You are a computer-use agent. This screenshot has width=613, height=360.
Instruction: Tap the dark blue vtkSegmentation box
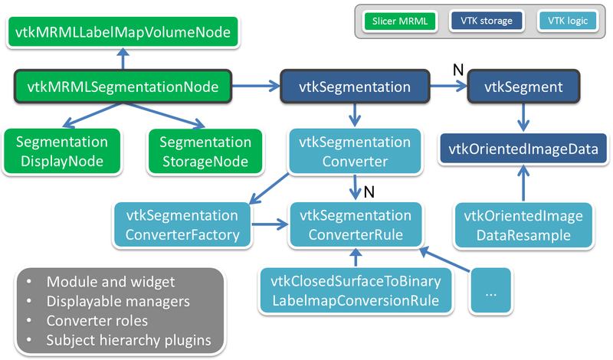click(x=356, y=87)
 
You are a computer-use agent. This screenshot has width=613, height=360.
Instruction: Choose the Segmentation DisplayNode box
click(x=62, y=151)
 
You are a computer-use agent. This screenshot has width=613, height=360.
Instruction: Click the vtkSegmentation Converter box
click(x=355, y=151)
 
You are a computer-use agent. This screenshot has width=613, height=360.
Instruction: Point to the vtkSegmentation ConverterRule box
click(x=355, y=224)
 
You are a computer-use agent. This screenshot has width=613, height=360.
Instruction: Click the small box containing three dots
click(x=493, y=290)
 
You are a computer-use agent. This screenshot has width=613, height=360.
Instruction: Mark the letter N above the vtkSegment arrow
click(x=457, y=69)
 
